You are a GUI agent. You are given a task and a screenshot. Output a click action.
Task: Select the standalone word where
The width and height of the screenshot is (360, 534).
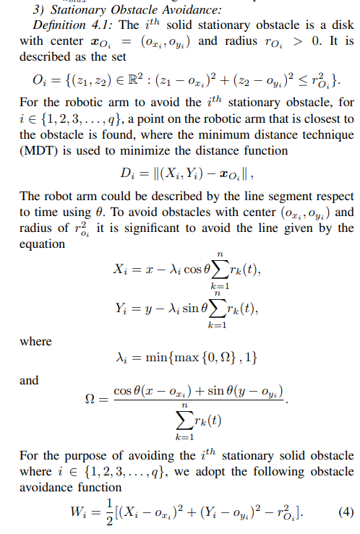tap(35, 340)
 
